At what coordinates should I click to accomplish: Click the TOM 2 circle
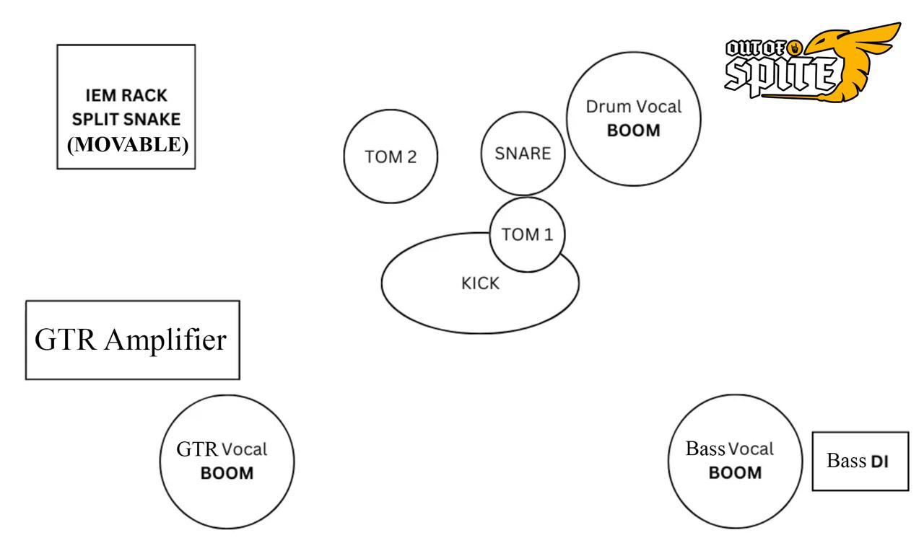click(390, 156)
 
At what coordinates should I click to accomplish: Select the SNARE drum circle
click(522, 154)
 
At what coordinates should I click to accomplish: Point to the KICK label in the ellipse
click(480, 284)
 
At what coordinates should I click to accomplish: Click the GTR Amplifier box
click(132, 340)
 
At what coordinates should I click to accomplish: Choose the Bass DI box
click(860, 462)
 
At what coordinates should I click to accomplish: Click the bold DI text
click(880, 462)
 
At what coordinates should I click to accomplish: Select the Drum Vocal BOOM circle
click(634, 120)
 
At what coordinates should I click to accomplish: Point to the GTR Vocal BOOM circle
click(227, 462)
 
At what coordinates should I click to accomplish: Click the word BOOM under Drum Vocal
click(635, 133)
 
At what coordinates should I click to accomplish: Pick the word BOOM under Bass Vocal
click(735, 473)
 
